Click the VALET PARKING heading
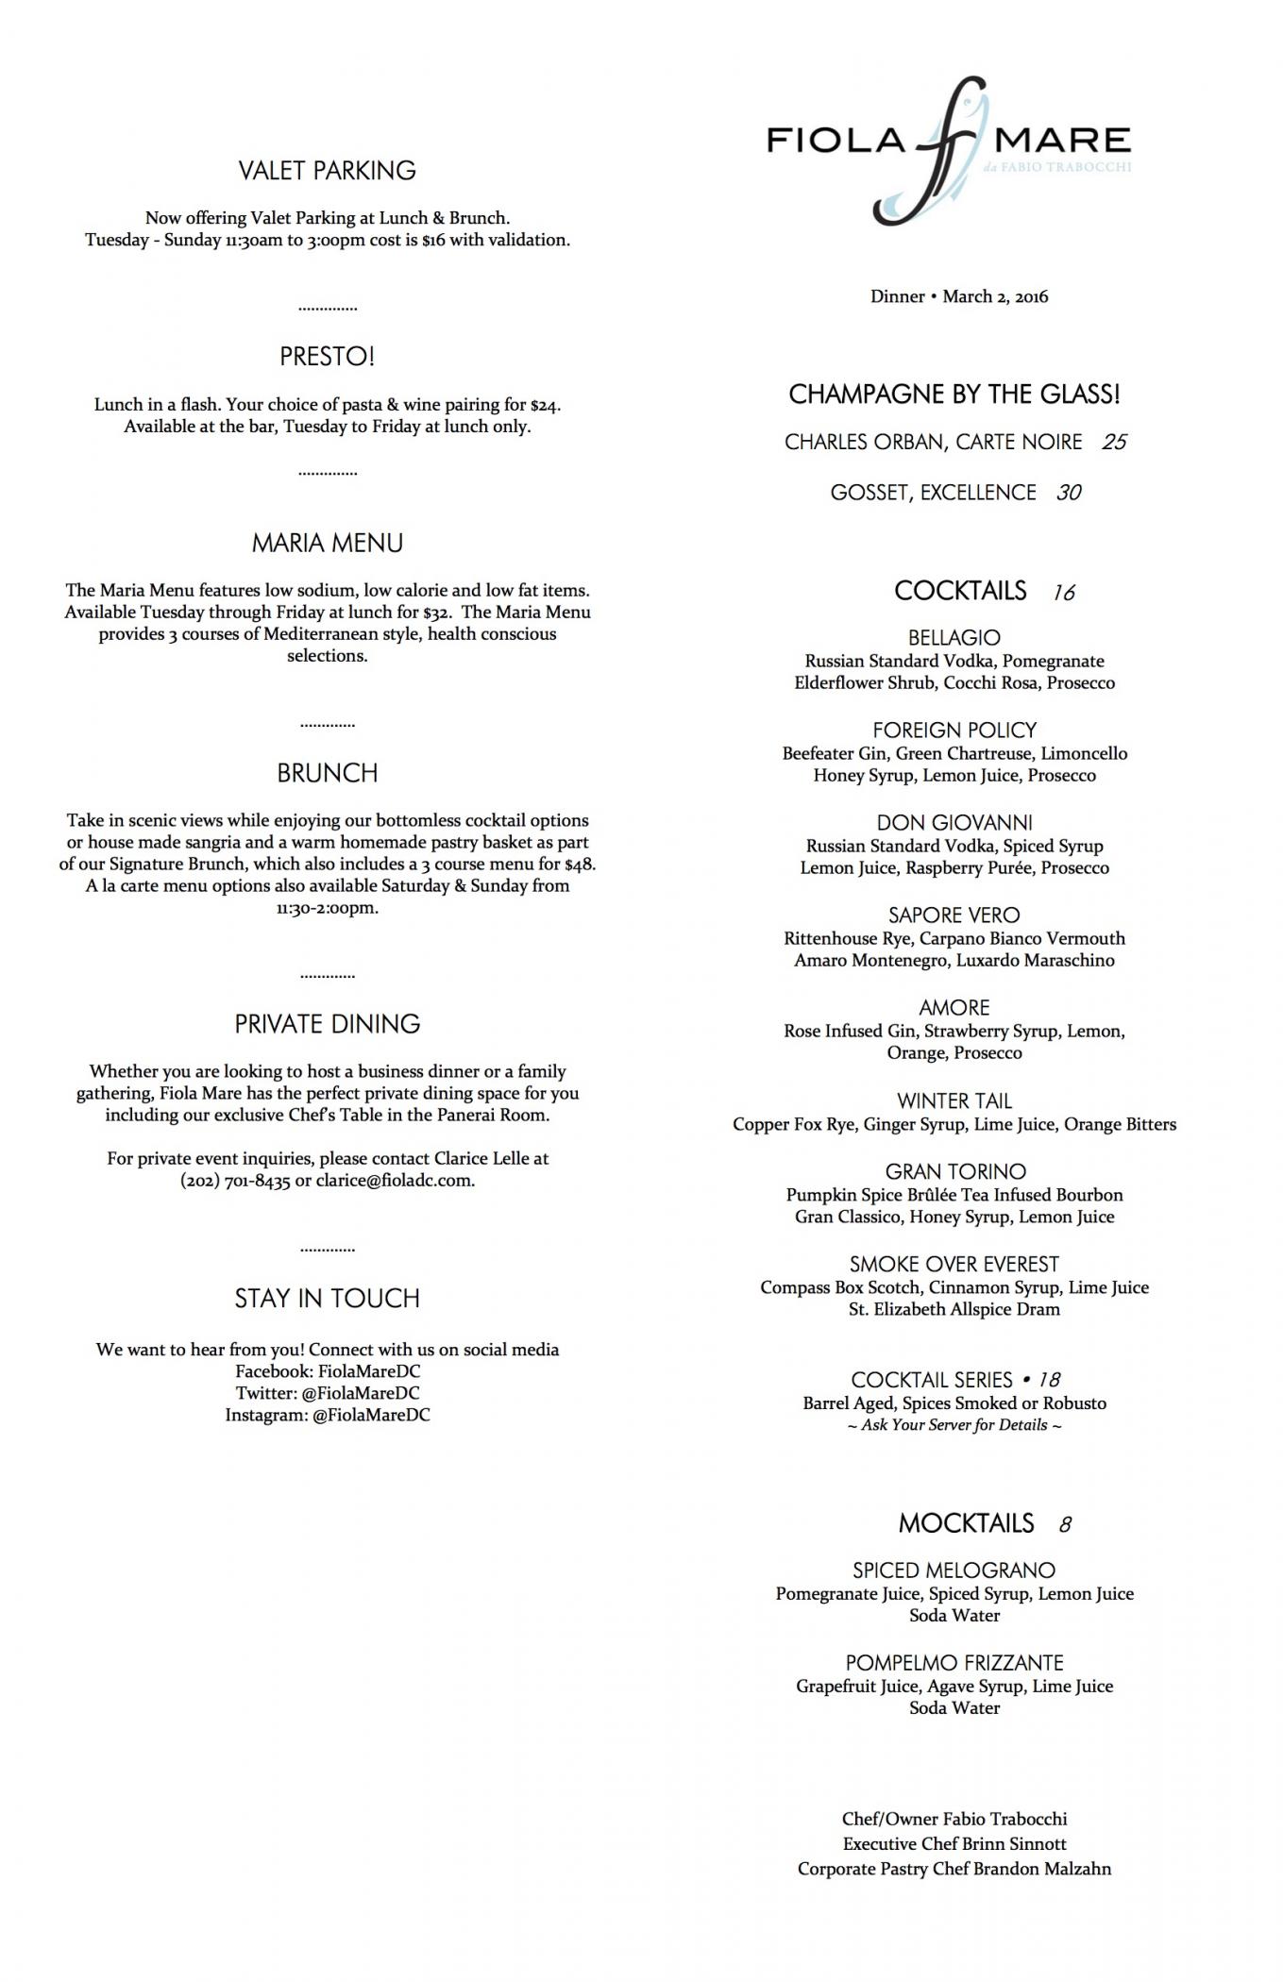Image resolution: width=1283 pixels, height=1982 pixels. [327, 171]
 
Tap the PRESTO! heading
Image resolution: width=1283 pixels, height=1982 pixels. [327, 357]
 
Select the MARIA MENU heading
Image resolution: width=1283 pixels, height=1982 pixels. [327, 544]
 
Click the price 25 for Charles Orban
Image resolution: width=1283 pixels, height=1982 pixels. [1114, 443]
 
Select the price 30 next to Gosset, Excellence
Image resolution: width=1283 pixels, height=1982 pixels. [1069, 493]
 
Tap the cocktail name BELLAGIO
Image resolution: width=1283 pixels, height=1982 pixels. [954, 638]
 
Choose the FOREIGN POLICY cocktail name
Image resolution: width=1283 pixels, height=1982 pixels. [954, 731]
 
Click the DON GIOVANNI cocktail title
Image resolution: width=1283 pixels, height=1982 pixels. [954, 823]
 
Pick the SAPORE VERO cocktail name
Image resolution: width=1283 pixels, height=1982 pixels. [954, 915]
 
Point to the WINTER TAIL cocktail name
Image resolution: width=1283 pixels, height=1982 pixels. [954, 1101]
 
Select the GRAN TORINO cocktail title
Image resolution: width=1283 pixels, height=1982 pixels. [954, 1172]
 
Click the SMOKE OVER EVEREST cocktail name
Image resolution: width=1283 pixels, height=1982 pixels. [954, 1265]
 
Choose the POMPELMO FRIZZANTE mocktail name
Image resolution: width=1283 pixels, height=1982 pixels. [954, 1663]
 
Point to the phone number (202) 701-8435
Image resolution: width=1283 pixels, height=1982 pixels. [235, 1181]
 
